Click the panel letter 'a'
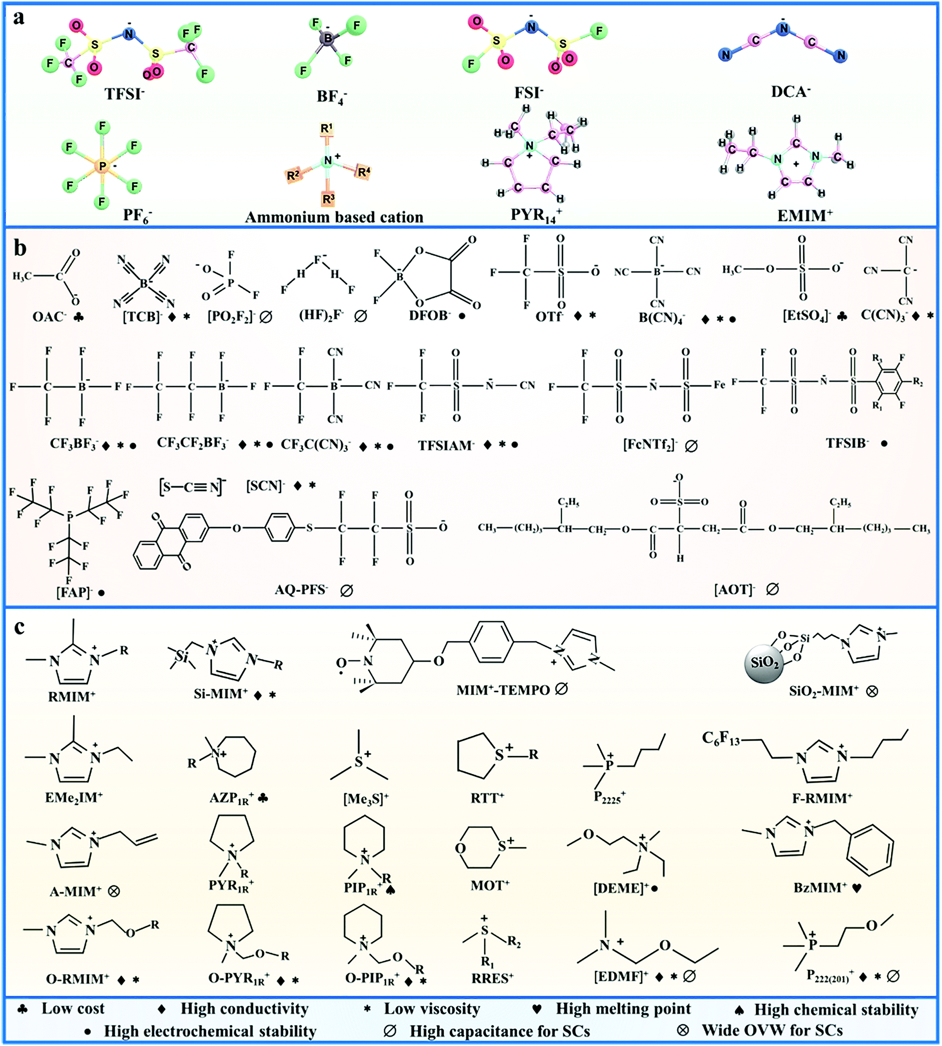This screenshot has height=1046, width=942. pyautogui.click(x=19, y=18)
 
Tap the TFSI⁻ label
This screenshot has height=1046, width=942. pyautogui.click(x=124, y=94)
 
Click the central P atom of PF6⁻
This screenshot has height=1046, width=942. pyautogui.click(x=103, y=166)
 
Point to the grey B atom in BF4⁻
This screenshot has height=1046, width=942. pyautogui.click(x=328, y=39)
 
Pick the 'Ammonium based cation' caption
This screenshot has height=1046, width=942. pyautogui.click(x=334, y=217)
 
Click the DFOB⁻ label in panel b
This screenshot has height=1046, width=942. pyautogui.click(x=430, y=315)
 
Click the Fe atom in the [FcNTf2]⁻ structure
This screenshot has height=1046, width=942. pyautogui.click(x=719, y=385)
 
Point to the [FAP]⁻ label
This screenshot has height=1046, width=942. pyautogui.click(x=74, y=592)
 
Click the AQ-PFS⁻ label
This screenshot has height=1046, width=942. pyautogui.click(x=301, y=589)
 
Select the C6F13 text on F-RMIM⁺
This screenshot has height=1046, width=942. pyautogui.click(x=721, y=738)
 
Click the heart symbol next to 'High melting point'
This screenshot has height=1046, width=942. pyautogui.click(x=538, y=1009)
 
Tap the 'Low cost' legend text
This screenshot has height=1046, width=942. pyautogui.click(x=73, y=1009)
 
